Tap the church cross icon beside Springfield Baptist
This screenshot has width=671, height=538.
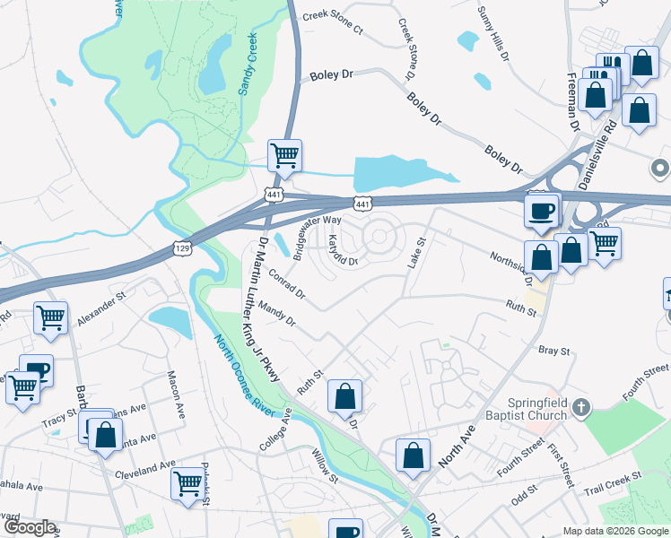pos(581,409)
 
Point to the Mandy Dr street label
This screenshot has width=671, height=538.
pos(276,314)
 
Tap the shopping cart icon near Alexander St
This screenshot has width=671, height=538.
pos(51,318)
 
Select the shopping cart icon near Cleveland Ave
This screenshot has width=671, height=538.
pos(188,484)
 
